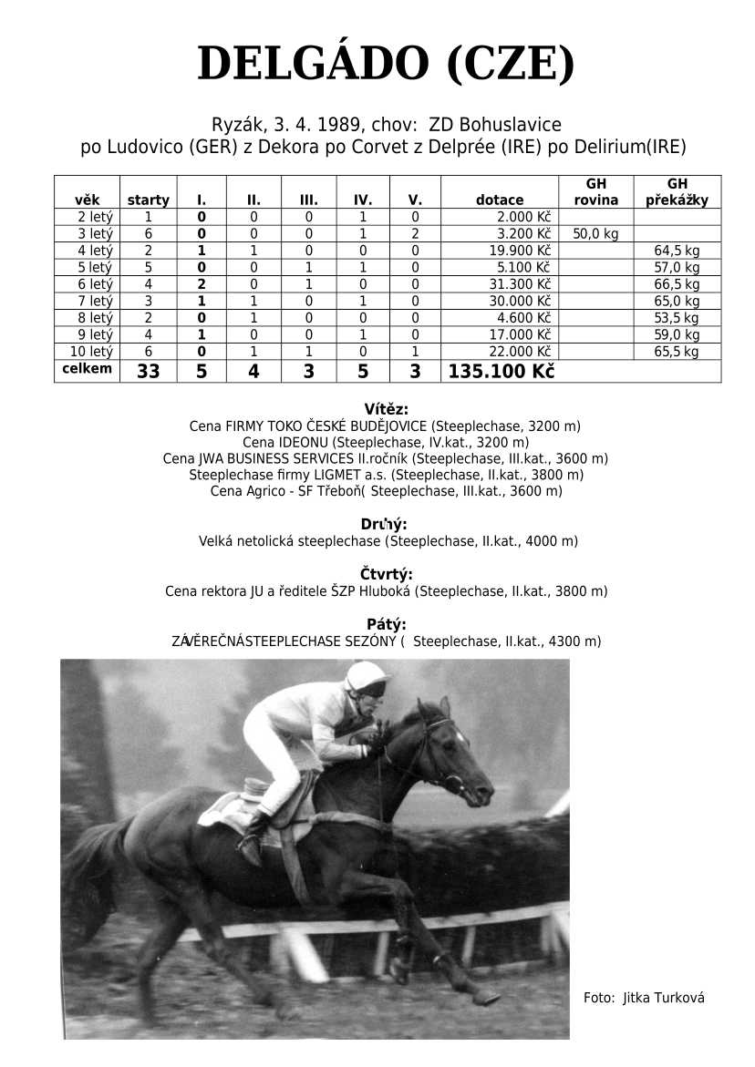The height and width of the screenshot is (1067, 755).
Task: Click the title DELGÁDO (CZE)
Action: pos(386,64)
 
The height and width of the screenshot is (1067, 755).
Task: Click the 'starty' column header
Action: pos(148,200)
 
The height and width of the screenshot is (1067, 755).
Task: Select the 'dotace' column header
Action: pos(500,200)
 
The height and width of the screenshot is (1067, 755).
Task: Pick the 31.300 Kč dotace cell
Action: pos(522,284)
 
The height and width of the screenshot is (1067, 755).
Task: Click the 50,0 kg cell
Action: pos(595,234)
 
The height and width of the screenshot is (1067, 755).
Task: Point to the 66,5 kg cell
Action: pos(677,284)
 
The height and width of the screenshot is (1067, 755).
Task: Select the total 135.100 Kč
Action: pos(502,372)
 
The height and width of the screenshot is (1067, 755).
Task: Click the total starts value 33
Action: pos(149,372)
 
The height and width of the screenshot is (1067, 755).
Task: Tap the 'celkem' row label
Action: pos(87,369)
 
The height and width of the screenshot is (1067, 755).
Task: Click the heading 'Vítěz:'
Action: pos(386,409)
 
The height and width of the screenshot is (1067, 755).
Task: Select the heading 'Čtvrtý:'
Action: pos(386,574)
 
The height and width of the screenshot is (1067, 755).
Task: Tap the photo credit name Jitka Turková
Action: pos(664,998)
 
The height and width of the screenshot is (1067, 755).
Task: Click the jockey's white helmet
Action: pos(367,675)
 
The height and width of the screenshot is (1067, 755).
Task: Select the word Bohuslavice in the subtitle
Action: pos(511,125)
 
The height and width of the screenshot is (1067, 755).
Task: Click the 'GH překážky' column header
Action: pos(677,191)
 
